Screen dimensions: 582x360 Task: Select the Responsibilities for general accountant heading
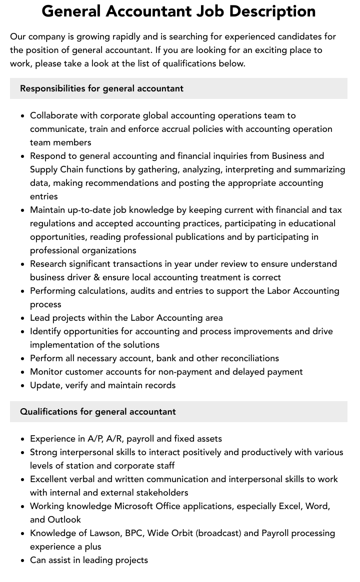[x=101, y=88]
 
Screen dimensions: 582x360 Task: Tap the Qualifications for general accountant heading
[x=97, y=412]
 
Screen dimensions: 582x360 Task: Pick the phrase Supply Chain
[x=56, y=169]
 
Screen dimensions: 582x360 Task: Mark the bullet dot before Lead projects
[x=22, y=318]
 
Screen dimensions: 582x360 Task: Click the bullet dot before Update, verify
[x=22, y=386]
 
